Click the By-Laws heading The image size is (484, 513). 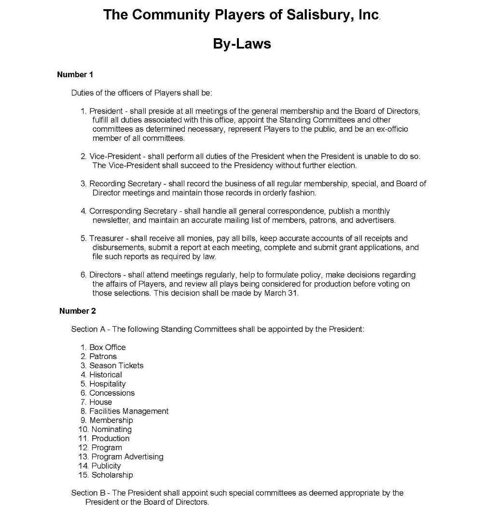pyautogui.click(x=242, y=44)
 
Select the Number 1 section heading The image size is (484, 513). pyautogui.click(x=75, y=74)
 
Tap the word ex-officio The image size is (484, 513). pyautogui.click(x=394, y=129)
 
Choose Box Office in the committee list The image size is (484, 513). pyautogui.click(x=107, y=347)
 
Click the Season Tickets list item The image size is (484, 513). pyautogui.click(x=116, y=366)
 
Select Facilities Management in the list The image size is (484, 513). pyautogui.click(x=129, y=411)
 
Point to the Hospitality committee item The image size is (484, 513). pyautogui.click(x=107, y=384)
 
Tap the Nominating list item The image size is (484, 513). pyautogui.click(x=111, y=429)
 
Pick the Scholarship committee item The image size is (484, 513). pyautogui.click(x=112, y=475)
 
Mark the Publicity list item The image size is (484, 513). pyautogui.click(x=106, y=466)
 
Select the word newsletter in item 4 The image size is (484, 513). pyautogui.click(x=111, y=221)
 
